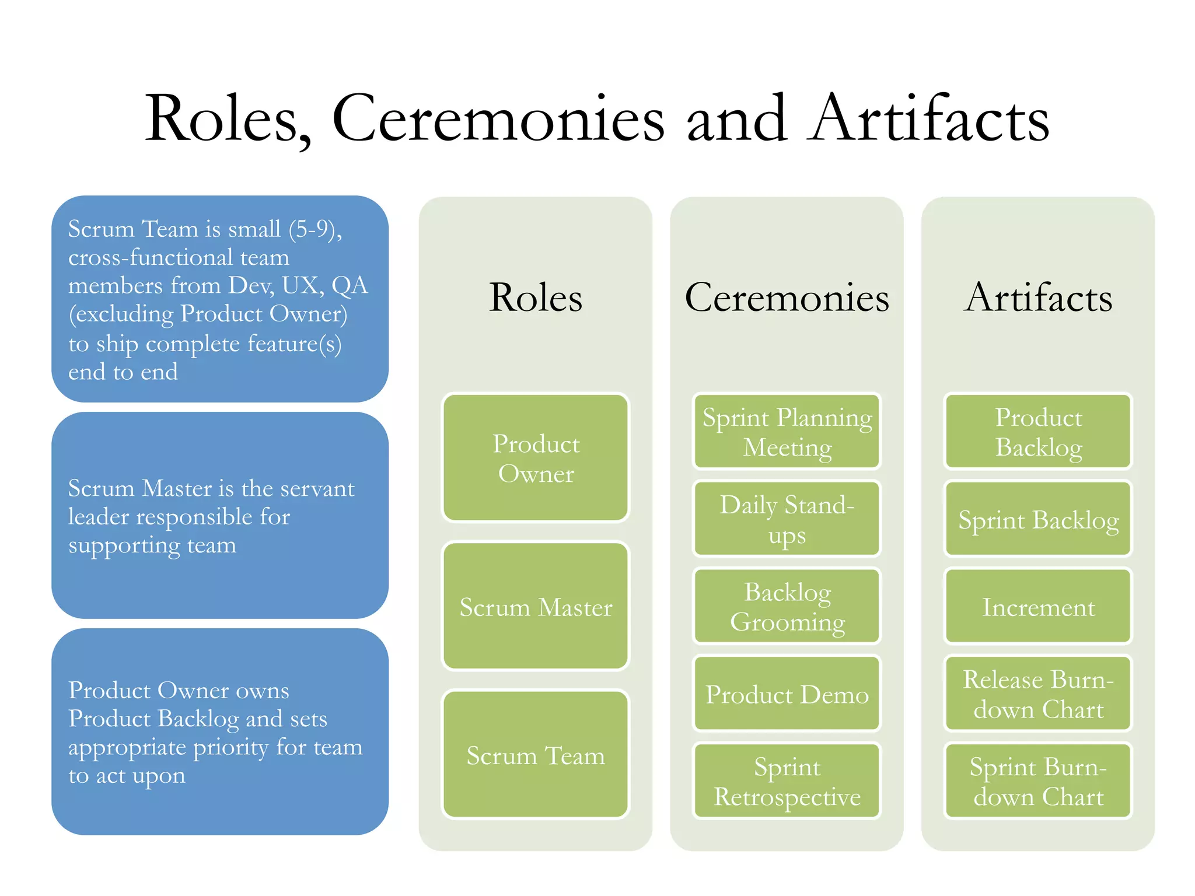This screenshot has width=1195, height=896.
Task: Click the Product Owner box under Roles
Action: click(x=536, y=458)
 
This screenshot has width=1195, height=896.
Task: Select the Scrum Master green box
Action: click(x=536, y=607)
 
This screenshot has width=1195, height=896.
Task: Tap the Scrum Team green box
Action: click(x=536, y=755)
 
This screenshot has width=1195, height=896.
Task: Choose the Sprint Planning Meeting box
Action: click(x=787, y=432)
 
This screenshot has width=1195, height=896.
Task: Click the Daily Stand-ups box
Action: click(x=787, y=519)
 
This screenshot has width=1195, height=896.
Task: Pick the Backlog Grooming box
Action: click(x=787, y=606)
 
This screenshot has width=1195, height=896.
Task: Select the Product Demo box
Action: click(x=787, y=694)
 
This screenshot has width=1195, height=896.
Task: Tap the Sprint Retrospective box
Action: click(x=787, y=781)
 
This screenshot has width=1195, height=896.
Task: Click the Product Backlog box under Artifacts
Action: click(x=1038, y=432)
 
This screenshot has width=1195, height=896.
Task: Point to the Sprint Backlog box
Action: click(x=1038, y=519)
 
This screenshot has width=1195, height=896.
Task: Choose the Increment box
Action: click(x=1038, y=607)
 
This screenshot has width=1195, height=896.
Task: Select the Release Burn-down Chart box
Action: click(x=1038, y=694)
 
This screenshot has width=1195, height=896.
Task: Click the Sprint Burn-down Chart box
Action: click(x=1038, y=781)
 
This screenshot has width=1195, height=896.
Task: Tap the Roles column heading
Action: click(x=536, y=297)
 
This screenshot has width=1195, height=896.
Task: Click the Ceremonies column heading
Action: click(x=787, y=297)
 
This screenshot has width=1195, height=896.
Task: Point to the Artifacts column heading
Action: click(x=1038, y=297)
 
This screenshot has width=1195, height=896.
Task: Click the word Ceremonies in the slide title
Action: click(x=498, y=119)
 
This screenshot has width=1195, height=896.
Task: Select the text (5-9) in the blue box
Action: click(x=315, y=229)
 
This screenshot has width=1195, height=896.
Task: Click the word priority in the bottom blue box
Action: click(x=231, y=747)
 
